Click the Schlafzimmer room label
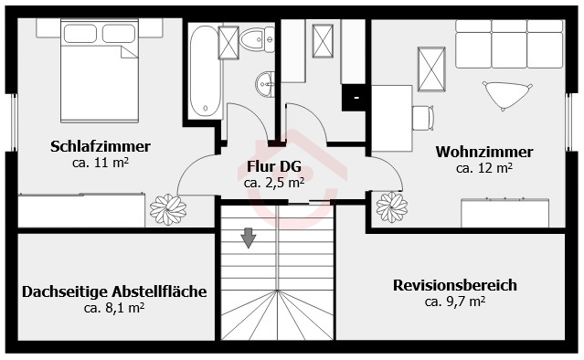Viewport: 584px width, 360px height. (101, 146)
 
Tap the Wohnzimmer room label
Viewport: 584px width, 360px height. (484, 152)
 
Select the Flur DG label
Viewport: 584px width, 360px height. (274, 166)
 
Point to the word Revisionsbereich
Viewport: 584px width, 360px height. (455, 285)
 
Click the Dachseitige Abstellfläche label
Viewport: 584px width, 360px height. (114, 291)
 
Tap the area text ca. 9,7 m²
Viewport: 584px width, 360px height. (455, 302)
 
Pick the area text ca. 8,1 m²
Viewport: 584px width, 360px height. (114, 308)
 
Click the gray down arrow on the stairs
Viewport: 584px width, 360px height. (249, 238)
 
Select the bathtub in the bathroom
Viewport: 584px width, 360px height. (205, 71)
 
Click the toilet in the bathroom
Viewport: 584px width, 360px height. (257, 39)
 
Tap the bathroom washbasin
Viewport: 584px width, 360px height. (265, 84)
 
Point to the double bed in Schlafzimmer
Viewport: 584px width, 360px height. (100, 70)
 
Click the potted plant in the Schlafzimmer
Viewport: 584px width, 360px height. (168, 209)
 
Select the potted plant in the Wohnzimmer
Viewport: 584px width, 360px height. (392, 207)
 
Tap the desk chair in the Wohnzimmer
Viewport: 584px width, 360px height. (423, 118)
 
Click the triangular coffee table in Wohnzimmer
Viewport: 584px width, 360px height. (507, 95)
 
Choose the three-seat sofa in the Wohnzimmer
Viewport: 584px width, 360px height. (509, 44)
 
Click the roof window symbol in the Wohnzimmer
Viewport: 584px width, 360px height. (431, 69)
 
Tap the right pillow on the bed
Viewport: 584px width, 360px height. (119, 34)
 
